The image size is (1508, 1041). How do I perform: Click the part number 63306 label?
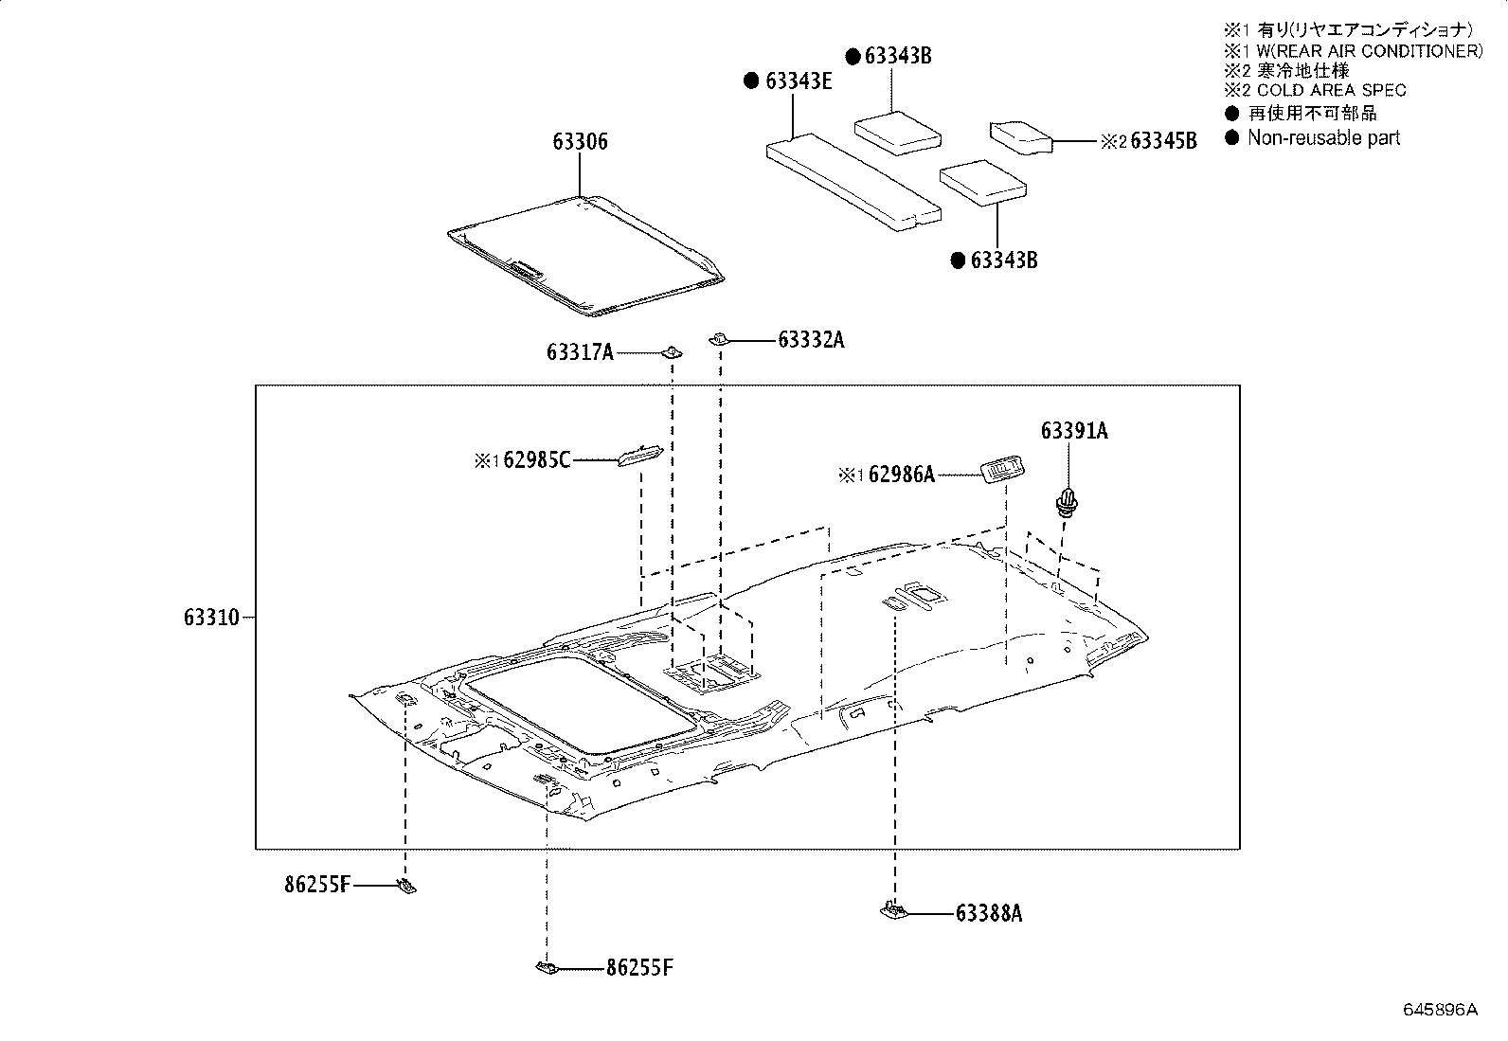tap(581, 142)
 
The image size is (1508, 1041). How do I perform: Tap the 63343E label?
tap(798, 81)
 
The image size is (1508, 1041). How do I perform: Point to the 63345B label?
tap(1164, 141)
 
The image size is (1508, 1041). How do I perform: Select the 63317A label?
tap(580, 352)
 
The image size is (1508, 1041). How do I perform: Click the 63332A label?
tap(811, 339)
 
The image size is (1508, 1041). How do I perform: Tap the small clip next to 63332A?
tap(720, 337)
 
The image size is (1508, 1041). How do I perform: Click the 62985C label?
tap(537, 461)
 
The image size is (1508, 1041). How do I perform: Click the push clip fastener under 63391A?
tap(1068, 501)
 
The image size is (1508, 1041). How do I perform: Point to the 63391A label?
tap(1073, 431)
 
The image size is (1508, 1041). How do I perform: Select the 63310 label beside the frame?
tap(211, 618)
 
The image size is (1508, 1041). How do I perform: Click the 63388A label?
tap(989, 913)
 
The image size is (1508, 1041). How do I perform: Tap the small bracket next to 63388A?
tap(891, 910)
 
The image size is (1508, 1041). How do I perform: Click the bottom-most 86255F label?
tap(639, 968)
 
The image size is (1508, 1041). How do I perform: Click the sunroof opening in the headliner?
tap(580, 706)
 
